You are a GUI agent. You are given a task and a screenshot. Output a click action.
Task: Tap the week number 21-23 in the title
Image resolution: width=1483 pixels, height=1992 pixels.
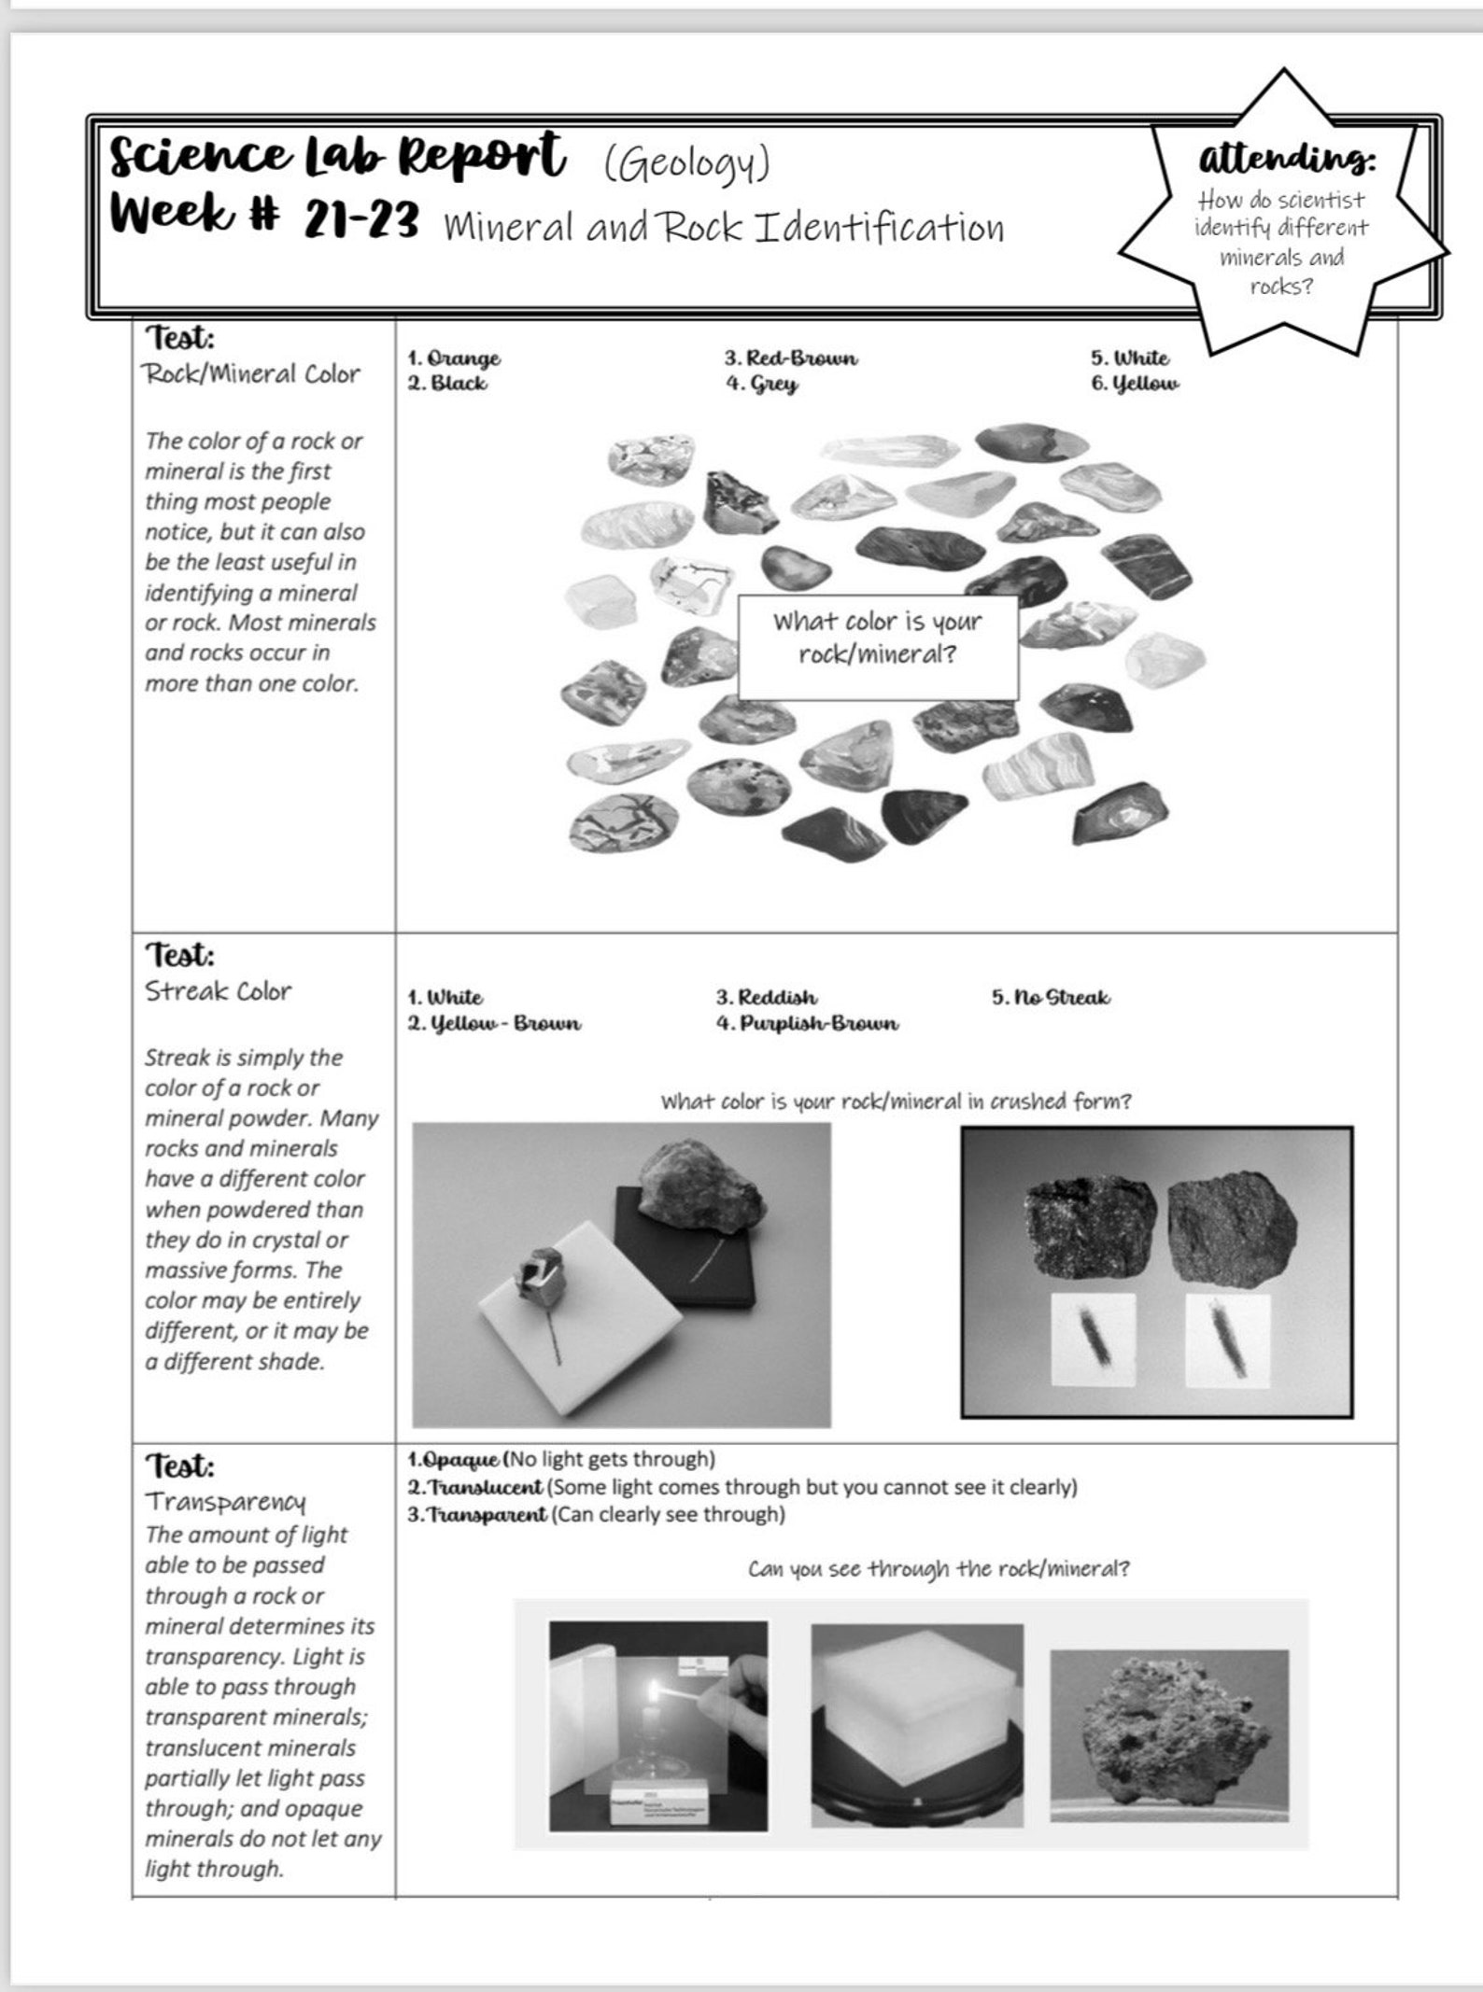tap(360, 221)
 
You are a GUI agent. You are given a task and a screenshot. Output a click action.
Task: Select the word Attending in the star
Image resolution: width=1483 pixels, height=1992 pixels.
tap(1286, 159)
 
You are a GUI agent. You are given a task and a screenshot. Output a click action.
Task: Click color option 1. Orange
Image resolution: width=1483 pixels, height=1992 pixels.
tap(454, 358)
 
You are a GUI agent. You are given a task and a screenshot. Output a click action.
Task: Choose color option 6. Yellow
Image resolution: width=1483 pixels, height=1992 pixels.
tap(1135, 384)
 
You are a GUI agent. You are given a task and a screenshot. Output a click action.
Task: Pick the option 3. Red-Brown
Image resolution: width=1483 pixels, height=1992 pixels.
tap(790, 358)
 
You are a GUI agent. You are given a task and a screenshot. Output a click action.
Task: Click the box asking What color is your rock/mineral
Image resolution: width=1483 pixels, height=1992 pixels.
tap(877, 638)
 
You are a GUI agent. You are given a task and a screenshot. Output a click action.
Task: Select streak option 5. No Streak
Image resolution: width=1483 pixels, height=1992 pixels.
tap(1051, 997)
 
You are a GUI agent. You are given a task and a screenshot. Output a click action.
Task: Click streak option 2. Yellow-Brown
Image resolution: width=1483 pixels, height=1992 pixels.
tap(494, 1023)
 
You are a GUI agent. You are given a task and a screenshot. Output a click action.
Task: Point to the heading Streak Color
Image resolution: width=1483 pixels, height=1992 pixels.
tap(218, 990)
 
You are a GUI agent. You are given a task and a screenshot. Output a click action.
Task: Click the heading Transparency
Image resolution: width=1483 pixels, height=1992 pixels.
tap(225, 1501)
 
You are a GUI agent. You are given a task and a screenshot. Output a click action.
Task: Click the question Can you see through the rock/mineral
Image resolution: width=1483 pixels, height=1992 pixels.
tap(938, 1568)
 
